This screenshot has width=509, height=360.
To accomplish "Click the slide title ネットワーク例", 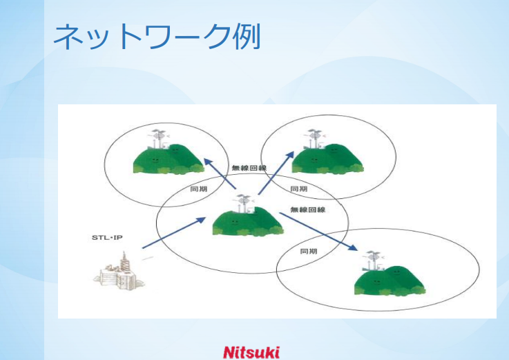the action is pyautogui.click(x=157, y=37).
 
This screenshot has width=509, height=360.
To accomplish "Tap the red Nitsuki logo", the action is pyautogui.click(x=251, y=352).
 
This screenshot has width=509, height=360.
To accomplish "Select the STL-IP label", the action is pyautogui.click(x=107, y=238).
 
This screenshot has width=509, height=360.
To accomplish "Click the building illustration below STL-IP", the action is pyautogui.click(x=119, y=272).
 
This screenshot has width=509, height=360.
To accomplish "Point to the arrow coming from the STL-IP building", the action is pyautogui.click(x=174, y=233).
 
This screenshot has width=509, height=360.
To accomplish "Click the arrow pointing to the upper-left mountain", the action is pyautogui.click(x=220, y=173).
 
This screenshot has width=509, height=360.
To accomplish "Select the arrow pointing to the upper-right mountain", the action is pyautogui.click(x=276, y=173).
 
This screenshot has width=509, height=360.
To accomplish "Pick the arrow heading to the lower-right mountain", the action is pyautogui.click(x=318, y=231).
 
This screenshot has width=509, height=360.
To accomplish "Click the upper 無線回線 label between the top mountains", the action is pyautogui.click(x=249, y=168).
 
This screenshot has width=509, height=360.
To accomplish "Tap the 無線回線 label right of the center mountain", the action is pyautogui.click(x=308, y=209).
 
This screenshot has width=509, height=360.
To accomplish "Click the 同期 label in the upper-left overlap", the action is pyautogui.click(x=198, y=189).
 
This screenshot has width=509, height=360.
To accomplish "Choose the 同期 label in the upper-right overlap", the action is pyautogui.click(x=298, y=189).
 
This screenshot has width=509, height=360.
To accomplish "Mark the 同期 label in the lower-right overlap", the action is pyautogui.click(x=309, y=251).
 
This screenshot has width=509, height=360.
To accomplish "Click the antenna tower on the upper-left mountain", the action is pyautogui.click(x=158, y=139).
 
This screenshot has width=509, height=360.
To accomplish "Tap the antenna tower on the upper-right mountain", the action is pyautogui.click(x=314, y=139).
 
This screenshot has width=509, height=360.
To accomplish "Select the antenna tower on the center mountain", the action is pyautogui.click(x=244, y=204).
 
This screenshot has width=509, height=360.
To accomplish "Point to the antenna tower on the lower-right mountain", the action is pyautogui.click(x=374, y=261).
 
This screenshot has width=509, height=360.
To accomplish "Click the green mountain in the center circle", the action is pyautogui.click(x=248, y=222).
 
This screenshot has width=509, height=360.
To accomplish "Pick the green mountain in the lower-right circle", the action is pyautogui.click(x=390, y=281).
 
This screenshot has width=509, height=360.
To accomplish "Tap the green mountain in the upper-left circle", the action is pyautogui.click(x=169, y=159).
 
